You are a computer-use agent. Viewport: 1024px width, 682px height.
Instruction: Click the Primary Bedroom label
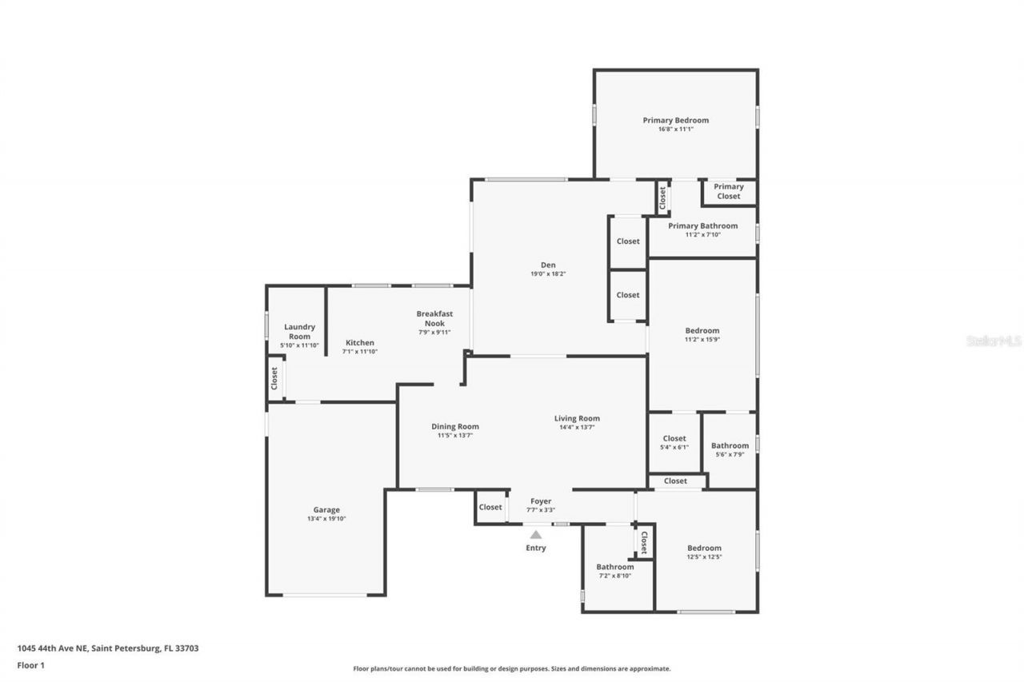click(x=675, y=121)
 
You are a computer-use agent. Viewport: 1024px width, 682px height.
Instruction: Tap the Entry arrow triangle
click(x=536, y=535)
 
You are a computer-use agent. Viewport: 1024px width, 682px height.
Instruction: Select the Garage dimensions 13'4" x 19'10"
click(x=326, y=519)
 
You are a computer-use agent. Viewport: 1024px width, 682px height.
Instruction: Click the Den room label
click(x=547, y=265)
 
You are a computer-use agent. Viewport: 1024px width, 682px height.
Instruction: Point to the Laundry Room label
click(x=299, y=331)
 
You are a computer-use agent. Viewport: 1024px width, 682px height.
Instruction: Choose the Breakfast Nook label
click(x=434, y=318)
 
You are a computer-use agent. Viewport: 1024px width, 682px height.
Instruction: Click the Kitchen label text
click(x=359, y=342)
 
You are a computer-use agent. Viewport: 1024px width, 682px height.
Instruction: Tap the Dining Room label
click(x=454, y=426)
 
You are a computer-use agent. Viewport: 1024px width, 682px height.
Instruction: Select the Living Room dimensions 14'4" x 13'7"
click(x=577, y=428)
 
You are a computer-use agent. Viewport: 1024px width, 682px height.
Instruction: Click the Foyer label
click(x=540, y=501)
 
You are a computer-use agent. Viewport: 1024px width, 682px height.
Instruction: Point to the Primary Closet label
click(x=728, y=191)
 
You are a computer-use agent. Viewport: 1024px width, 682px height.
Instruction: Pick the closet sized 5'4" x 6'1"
click(x=674, y=442)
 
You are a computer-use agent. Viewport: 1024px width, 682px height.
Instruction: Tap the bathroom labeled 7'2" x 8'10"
click(x=614, y=571)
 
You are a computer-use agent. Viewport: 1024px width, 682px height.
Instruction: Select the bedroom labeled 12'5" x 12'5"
click(x=704, y=552)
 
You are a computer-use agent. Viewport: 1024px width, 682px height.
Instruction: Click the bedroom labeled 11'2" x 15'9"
click(x=702, y=334)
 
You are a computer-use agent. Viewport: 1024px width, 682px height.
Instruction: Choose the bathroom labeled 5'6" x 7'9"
click(x=730, y=449)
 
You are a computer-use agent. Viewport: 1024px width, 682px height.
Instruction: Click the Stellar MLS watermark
click(x=994, y=341)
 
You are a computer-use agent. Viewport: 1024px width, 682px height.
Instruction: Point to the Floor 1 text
click(x=30, y=664)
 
